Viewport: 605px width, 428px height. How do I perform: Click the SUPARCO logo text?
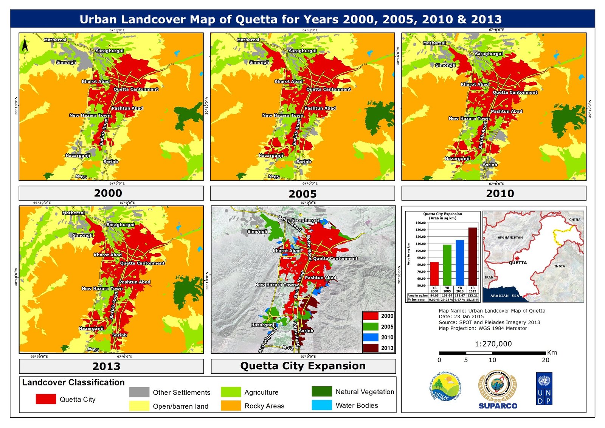click(498, 406)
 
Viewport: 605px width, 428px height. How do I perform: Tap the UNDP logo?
click(544, 389)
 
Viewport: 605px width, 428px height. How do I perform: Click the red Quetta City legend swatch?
click(46, 399)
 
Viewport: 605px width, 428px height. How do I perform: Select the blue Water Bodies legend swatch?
click(321, 405)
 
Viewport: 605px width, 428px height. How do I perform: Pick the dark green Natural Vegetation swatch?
click(321, 391)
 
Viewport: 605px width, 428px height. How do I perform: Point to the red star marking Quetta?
click(517, 258)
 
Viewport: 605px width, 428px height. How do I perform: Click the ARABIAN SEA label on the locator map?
click(505, 296)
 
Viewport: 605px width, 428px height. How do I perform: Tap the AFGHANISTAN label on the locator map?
click(510, 238)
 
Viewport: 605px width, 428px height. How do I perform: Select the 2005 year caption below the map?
click(302, 194)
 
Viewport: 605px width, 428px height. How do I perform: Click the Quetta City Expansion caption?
click(303, 366)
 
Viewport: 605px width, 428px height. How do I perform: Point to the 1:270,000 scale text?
click(493, 344)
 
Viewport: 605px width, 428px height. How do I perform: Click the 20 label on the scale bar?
click(545, 360)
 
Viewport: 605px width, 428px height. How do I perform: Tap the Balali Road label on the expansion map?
click(290, 223)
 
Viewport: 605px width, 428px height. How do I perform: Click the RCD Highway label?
click(268, 340)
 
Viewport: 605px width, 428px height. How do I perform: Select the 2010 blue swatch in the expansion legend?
click(371, 337)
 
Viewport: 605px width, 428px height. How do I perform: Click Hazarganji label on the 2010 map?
click(457, 159)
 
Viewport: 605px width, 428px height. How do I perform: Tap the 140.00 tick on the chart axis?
click(420, 223)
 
